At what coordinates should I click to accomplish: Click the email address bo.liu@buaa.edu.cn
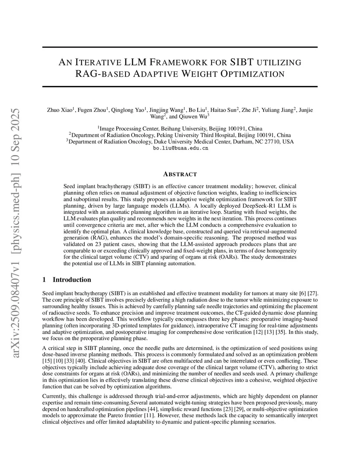point(181,148)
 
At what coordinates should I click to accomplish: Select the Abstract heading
point(180,174)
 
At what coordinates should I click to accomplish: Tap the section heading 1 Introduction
point(66,280)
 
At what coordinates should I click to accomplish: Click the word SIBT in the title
point(242,63)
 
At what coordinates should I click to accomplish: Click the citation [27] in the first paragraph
point(313,293)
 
